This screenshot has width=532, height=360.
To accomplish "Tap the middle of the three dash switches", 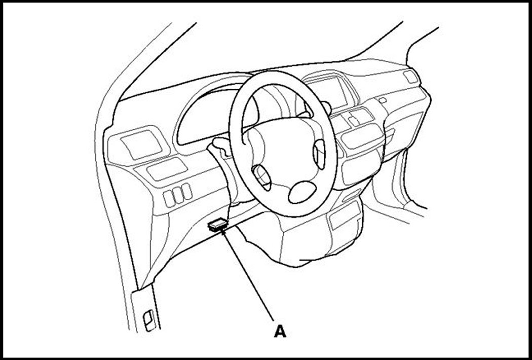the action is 178,195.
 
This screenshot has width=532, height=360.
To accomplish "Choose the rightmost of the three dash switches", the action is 186,192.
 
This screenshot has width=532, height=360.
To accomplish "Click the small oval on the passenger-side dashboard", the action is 382,100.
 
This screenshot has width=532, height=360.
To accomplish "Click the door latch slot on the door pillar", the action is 149,322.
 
